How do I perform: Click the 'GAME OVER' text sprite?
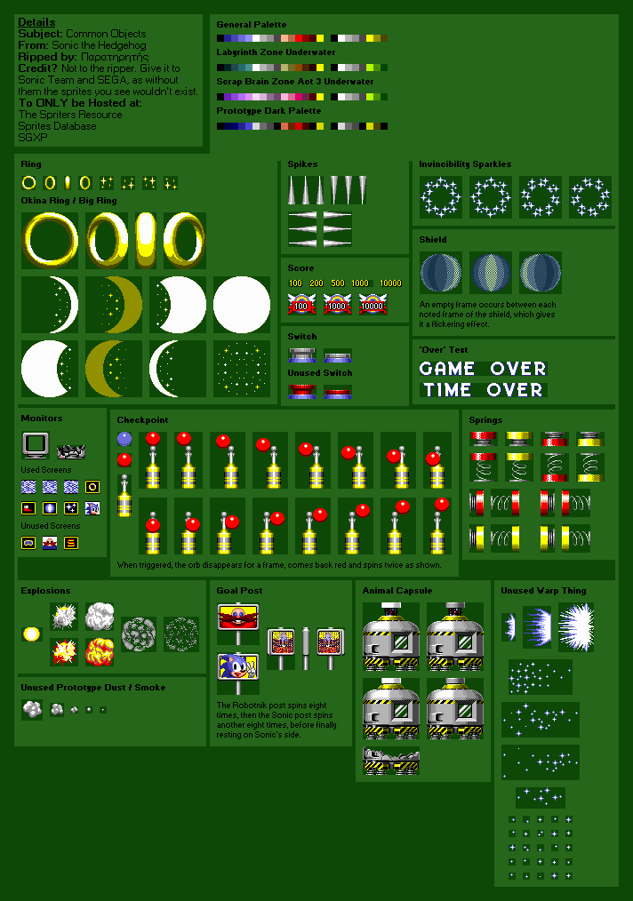click(x=483, y=368)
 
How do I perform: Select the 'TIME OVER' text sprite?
click(x=483, y=389)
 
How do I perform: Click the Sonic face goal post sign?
click(x=237, y=667)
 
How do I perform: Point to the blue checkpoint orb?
click(x=124, y=438)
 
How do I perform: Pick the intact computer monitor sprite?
click(x=35, y=444)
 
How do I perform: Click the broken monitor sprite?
click(x=70, y=450)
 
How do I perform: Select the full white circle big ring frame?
click(x=242, y=304)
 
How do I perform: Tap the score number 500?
click(x=339, y=283)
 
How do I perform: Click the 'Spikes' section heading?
click(x=302, y=164)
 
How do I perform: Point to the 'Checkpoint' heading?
click(x=142, y=419)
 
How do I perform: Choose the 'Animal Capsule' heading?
click(x=397, y=590)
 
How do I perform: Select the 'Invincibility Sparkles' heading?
click(x=465, y=164)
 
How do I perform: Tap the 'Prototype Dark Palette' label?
click(x=268, y=111)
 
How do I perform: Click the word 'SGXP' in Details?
click(x=32, y=137)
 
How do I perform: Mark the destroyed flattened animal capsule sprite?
click(x=391, y=761)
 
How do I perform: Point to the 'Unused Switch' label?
click(x=320, y=373)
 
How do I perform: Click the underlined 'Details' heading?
click(x=36, y=22)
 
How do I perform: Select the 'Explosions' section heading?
click(x=45, y=590)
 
